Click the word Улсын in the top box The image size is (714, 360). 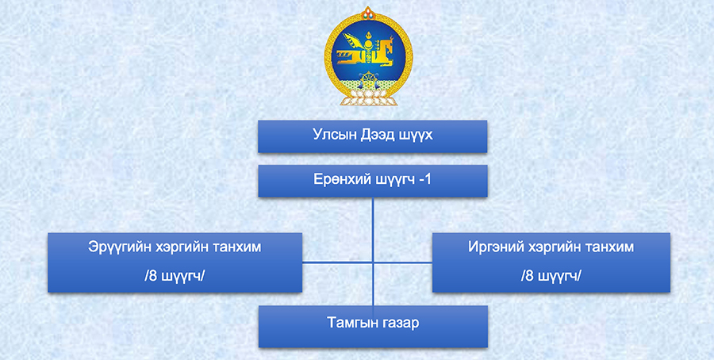coord(328,135)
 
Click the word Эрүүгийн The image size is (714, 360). coord(119,247)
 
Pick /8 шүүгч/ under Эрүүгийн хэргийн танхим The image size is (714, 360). coord(175,276)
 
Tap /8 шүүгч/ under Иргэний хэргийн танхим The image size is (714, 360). coord(551,276)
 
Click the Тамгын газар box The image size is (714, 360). coord(373,327)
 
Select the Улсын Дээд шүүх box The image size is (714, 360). coord(373,136)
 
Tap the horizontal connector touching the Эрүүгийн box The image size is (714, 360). coord(337,262)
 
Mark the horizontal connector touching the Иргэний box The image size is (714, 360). coord(402,262)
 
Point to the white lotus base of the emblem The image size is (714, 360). coord(368,97)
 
